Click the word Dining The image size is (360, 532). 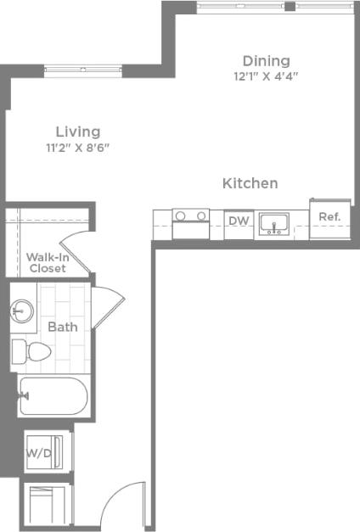[x=266, y=61]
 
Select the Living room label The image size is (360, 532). [x=78, y=132]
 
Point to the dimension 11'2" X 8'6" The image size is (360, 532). [x=78, y=147]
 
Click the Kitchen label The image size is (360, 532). [x=250, y=183]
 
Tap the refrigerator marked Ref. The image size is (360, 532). [x=329, y=218]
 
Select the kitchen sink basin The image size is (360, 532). [x=273, y=224]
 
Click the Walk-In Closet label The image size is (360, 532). [x=47, y=262]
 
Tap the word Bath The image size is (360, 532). [x=62, y=327]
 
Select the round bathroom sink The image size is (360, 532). [x=23, y=311]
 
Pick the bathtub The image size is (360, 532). [x=53, y=396]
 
